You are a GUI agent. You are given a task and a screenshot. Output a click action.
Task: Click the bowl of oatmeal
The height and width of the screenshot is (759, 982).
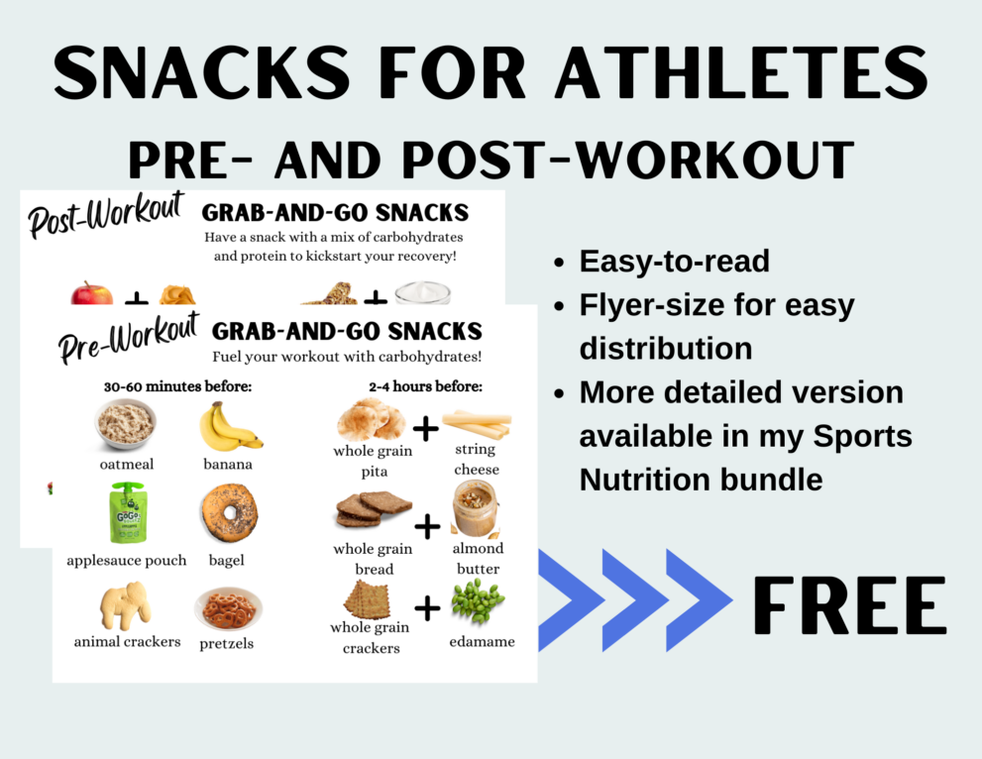click(125, 423)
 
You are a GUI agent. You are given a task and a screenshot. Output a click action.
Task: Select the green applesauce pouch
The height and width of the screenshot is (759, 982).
click(126, 513)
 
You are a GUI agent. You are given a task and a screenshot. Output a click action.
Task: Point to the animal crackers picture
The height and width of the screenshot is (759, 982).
click(126, 603)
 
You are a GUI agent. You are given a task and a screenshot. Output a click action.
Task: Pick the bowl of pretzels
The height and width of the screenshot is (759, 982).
click(228, 608)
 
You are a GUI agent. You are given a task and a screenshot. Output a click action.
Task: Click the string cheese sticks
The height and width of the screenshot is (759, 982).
click(477, 424)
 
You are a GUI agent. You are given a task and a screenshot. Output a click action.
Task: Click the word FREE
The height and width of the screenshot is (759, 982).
click(849, 604)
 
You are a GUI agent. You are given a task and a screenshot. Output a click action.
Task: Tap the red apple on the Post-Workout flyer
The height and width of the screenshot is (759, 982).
click(91, 294)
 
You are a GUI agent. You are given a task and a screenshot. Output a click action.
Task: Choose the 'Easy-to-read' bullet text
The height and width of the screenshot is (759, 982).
click(674, 261)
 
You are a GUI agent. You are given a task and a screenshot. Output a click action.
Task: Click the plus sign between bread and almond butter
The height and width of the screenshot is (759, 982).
click(426, 527)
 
